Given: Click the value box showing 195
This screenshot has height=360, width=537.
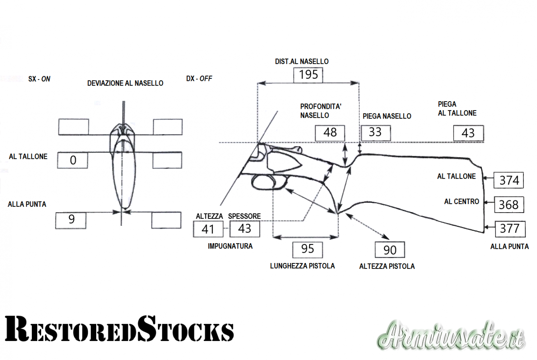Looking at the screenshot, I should (x=308, y=75).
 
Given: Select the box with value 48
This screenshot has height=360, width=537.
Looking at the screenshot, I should (x=330, y=133).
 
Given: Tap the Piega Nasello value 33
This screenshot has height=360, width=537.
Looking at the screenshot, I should (x=375, y=132).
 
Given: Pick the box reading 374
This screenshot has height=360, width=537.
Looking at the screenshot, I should (x=509, y=180).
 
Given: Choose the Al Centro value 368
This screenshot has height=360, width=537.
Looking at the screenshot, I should (x=509, y=205).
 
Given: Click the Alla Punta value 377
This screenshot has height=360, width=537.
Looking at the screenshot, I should (x=510, y=229).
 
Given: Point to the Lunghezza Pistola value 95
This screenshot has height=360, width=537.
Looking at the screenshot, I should (x=308, y=249).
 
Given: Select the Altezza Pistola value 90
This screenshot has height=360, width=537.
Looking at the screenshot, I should (x=390, y=250).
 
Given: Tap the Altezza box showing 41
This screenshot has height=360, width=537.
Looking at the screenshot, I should (x=208, y=229).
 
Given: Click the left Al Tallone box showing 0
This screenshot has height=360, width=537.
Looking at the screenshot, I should (x=73, y=160).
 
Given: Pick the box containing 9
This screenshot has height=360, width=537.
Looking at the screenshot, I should (x=71, y=220).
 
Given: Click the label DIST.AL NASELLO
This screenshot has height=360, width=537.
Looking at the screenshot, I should (x=302, y=62).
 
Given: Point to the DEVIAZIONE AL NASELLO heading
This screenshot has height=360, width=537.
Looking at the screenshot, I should (x=125, y=83).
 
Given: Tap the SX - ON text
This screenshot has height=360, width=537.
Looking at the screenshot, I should (x=39, y=79).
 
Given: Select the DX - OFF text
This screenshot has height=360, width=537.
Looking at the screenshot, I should (x=199, y=78).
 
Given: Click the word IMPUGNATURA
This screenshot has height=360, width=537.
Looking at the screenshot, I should (x=230, y=246).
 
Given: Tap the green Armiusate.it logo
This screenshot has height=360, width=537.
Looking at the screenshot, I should (x=451, y=336).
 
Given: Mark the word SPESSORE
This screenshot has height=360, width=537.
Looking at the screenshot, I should (x=245, y=216).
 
